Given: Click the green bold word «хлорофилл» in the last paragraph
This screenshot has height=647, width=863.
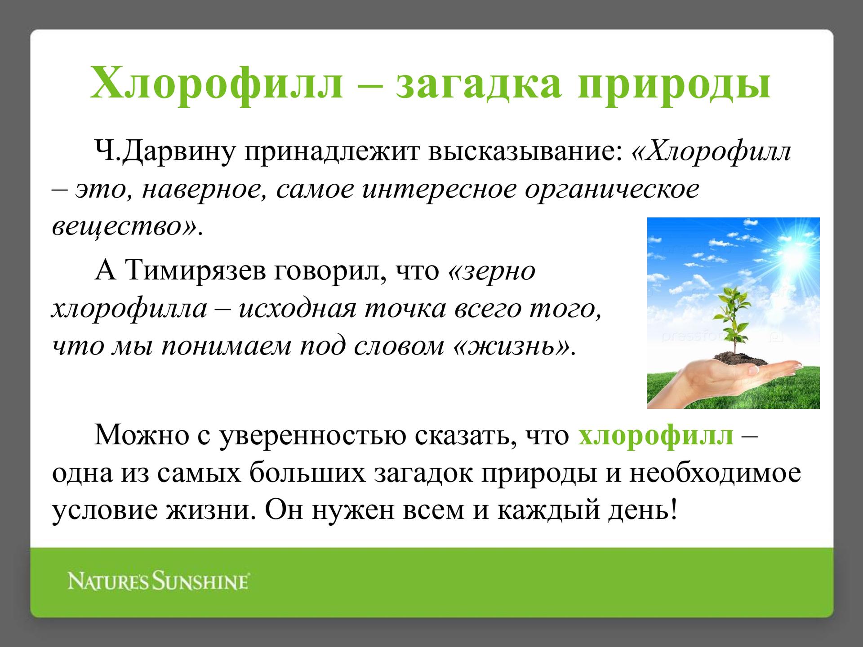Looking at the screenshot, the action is click(x=656, y=436).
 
